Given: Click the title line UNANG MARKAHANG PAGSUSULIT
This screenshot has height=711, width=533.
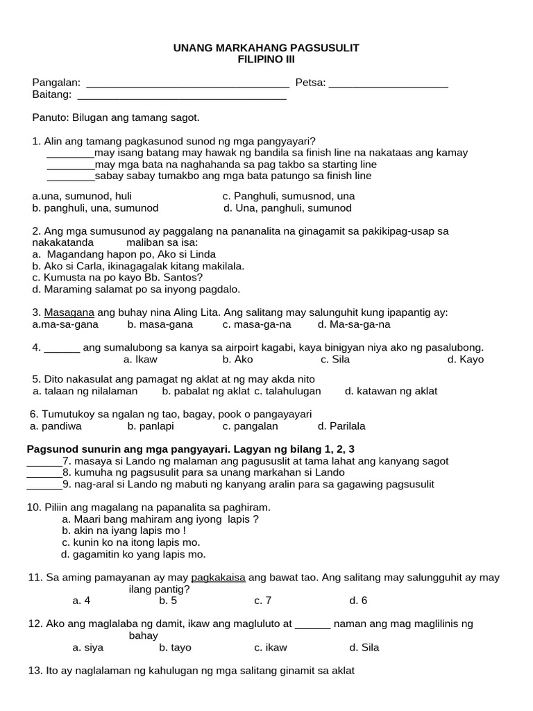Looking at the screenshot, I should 266,48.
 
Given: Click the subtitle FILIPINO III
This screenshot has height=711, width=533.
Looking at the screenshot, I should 266,60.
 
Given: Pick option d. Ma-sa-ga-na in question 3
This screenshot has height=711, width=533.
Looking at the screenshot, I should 354,324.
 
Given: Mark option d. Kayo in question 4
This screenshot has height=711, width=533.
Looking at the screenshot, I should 466,359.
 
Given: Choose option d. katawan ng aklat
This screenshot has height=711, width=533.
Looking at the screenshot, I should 391,391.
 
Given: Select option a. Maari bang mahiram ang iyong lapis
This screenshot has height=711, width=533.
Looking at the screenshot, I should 160,519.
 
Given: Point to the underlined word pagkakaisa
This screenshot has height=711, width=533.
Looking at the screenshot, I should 218,577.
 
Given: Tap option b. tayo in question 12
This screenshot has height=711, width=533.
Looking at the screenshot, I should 175,647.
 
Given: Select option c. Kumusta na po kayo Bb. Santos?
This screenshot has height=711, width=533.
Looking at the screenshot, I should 117,277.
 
